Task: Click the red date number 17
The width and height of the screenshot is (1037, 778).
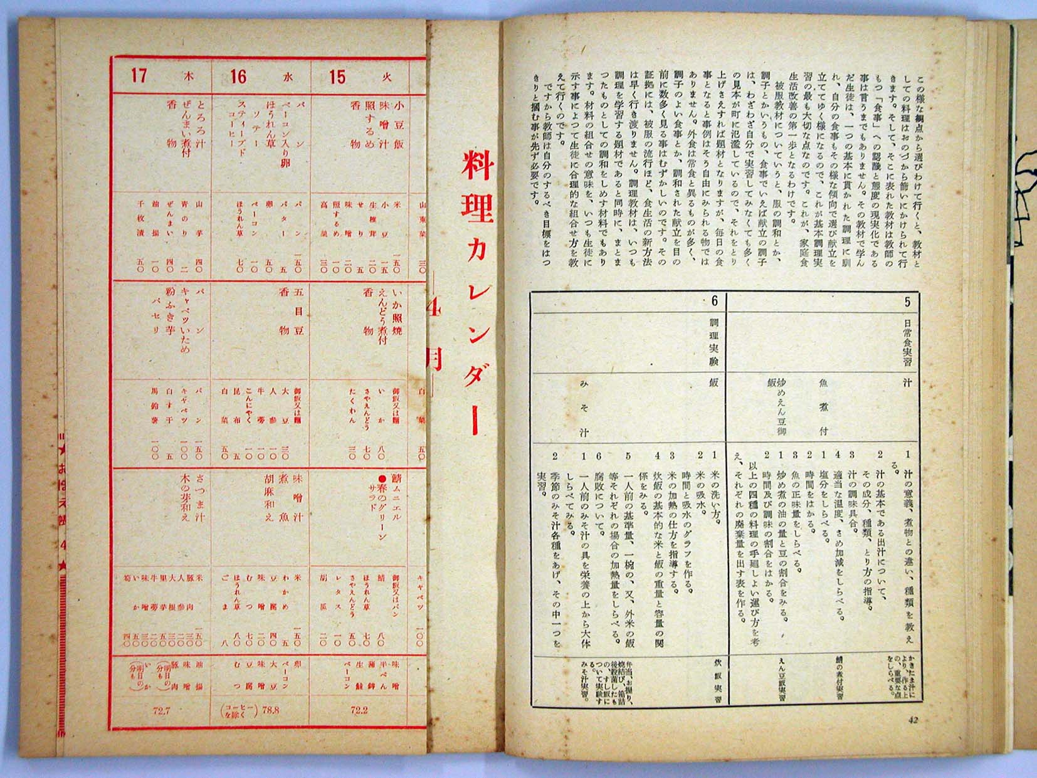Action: (139, 76)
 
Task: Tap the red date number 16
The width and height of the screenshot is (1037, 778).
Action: (238, 76)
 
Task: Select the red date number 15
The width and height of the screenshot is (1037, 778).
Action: (337, 76)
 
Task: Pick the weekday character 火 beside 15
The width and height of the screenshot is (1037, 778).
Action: (387, 78)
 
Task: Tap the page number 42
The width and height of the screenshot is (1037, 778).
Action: (913, 720)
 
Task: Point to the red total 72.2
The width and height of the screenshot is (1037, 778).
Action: (359, 710)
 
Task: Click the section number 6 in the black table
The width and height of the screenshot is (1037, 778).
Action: (714, 302)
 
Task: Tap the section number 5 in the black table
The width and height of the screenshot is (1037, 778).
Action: (907, 302)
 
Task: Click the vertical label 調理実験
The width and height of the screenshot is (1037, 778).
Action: (713, 342)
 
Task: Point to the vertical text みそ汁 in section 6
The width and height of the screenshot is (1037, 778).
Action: (584, 407)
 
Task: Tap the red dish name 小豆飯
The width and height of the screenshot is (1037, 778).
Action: (399, 125)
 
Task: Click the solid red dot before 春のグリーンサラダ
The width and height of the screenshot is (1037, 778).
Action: (382, 480)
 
